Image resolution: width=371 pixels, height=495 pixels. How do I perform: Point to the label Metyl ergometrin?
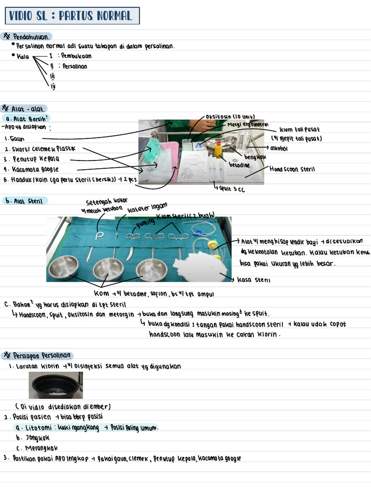point(247,124)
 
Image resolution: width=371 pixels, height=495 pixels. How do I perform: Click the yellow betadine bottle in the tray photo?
point(218,149)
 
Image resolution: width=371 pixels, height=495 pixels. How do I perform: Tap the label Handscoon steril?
point(292,169)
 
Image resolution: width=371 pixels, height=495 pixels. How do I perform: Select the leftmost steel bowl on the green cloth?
point(63,267)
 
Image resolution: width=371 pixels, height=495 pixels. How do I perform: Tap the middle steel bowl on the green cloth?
point(108,269)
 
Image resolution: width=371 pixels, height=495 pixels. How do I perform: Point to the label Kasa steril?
point(256,280)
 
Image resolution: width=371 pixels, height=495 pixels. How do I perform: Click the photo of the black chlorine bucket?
point(56,385)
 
